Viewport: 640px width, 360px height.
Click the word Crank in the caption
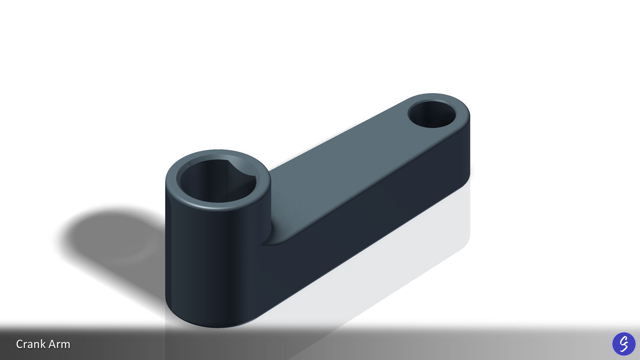[x=33, y=344]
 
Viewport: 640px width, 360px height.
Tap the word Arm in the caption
[x=60, y=344]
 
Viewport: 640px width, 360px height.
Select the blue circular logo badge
[x=624, y=344]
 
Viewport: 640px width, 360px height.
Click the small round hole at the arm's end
[x=432, y=114]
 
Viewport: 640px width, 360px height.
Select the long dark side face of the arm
[x=360, y=224]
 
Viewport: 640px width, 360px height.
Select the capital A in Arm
[x=53, y=344]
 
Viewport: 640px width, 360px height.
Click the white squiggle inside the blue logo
[x=624, y=343]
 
